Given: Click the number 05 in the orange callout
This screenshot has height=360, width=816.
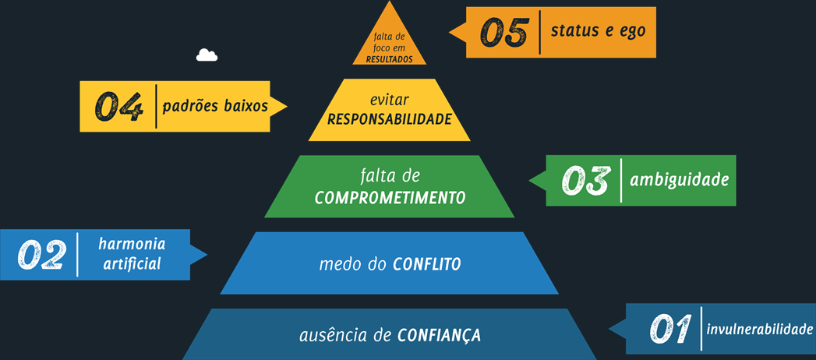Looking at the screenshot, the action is (504, 33).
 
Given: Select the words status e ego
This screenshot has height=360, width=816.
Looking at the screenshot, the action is (598, 31).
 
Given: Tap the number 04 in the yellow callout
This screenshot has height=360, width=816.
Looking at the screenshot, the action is (119, 107).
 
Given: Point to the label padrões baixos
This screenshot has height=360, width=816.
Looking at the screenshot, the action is (215, 106).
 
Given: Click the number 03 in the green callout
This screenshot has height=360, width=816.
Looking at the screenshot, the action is (585, 181).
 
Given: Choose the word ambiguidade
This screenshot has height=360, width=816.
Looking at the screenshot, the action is (679, 179).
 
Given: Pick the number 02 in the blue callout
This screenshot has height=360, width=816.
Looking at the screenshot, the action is (41, 254).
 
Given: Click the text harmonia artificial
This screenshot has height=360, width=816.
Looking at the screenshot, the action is (131, 254).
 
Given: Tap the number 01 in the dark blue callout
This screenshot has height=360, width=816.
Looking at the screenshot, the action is (670, 329).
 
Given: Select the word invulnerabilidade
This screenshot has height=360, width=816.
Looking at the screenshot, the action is (759, 329).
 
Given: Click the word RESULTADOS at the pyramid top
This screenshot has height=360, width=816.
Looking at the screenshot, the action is (389, 58).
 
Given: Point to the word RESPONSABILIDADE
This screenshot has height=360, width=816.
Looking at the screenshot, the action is (389, 119).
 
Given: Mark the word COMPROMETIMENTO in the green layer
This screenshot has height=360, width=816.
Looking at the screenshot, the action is (390, 197).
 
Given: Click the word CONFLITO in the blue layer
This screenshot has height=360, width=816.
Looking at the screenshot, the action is (426, 265).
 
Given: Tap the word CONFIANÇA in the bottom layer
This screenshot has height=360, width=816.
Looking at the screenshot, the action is (439, 336).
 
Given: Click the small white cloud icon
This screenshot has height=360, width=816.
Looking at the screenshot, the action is (207, 55).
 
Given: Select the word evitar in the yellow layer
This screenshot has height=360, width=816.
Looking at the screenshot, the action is (390, 101).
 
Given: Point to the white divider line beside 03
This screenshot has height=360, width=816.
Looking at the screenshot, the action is (621, 181).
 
